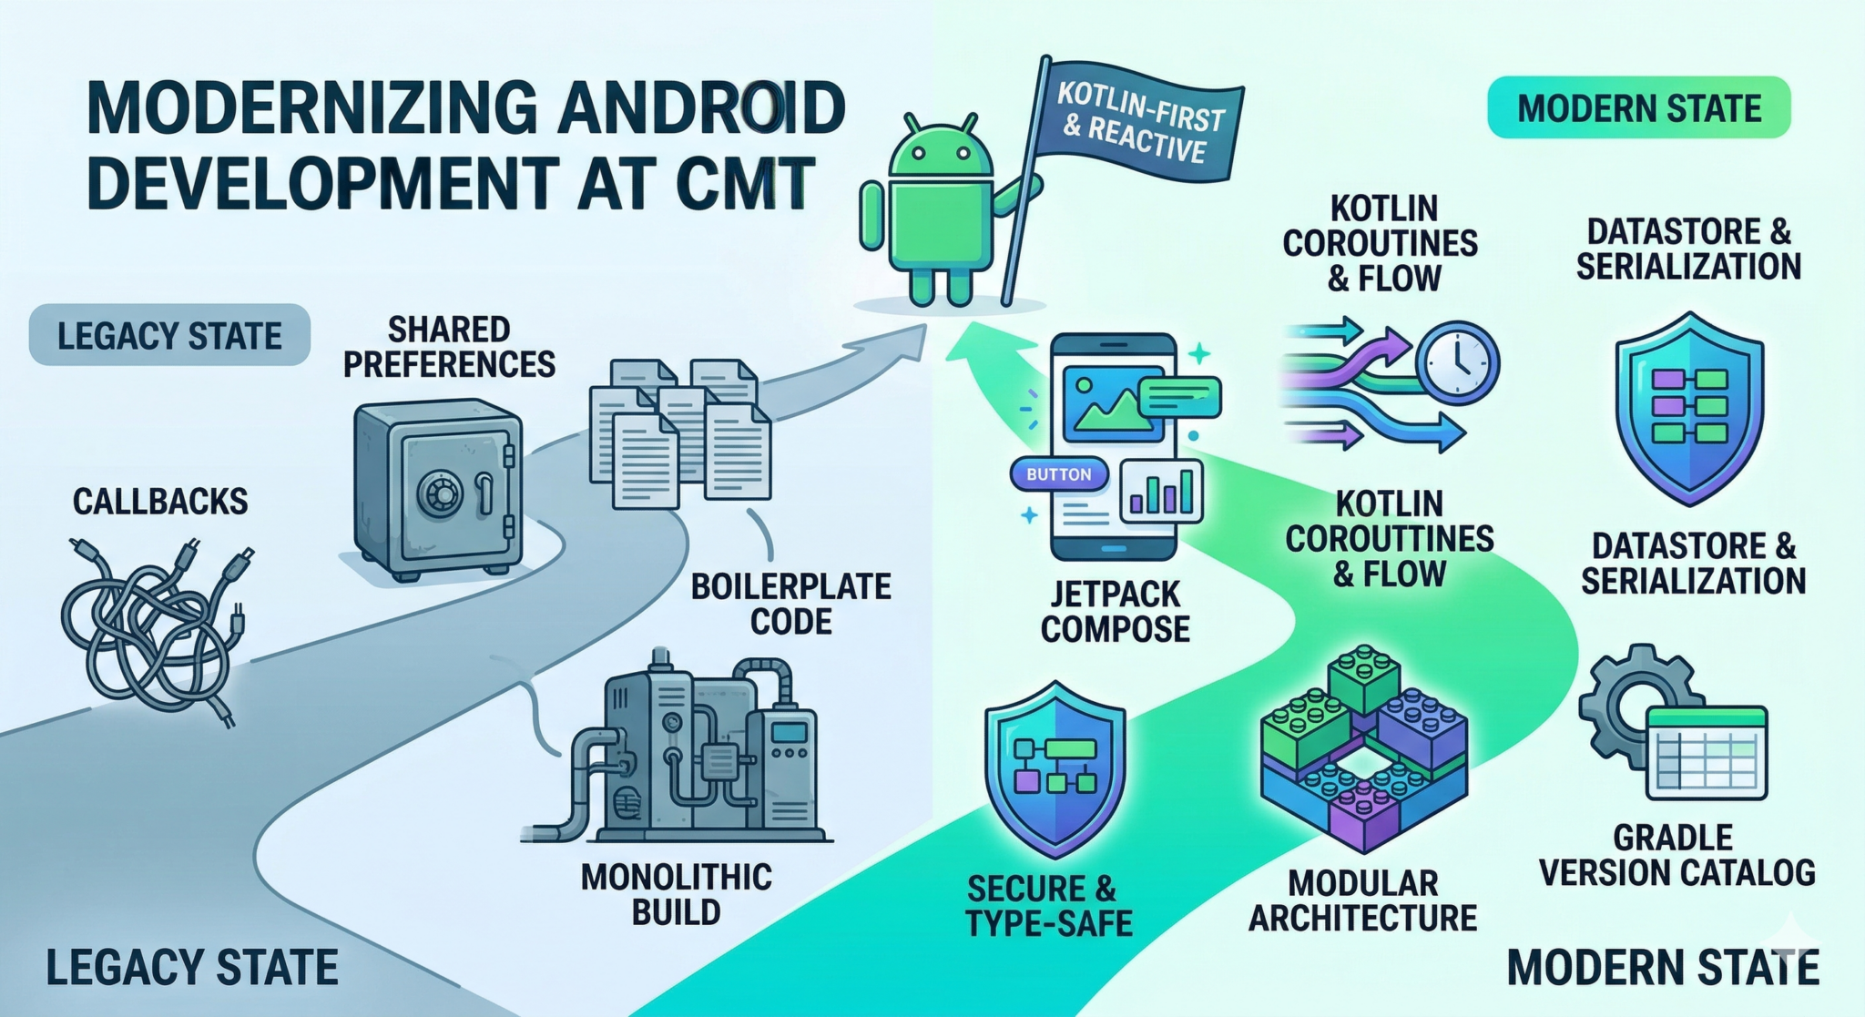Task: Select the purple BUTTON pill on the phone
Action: coord(1058,474)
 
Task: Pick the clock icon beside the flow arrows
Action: coord(1458,361)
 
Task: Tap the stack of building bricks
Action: coord(1363,747)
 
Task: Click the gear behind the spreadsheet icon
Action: coord(1630,701)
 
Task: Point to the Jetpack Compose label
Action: coord(1115,612)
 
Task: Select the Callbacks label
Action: coord(160,502)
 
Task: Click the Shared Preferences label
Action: coord(449,347)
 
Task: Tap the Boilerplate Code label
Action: coord(790,604)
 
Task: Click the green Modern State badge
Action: coord(1638,108)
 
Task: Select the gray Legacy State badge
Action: coord(169,336)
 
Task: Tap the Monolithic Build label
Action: coord(676,894)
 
